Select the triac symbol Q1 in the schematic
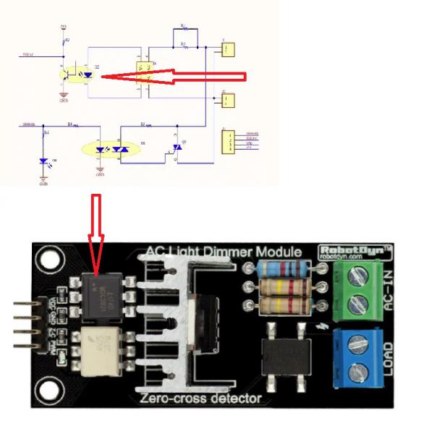(176, 147)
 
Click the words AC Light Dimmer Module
(224, 252)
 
